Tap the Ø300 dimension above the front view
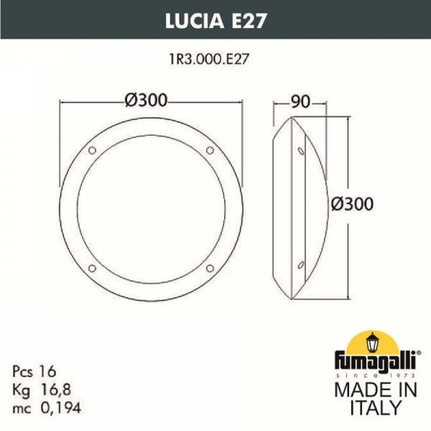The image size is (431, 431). tap(150, 102)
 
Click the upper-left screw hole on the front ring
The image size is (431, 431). tap(91, 150)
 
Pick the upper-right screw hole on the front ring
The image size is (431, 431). tap(210, 150)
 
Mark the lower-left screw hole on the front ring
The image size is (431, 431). tap(91, 269)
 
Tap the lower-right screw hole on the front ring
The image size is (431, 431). tap(210, 269)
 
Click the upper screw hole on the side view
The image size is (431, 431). tap(300, 151)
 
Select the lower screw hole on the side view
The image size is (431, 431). tap(300, 268)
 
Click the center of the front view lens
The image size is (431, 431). tap(150, 209)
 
